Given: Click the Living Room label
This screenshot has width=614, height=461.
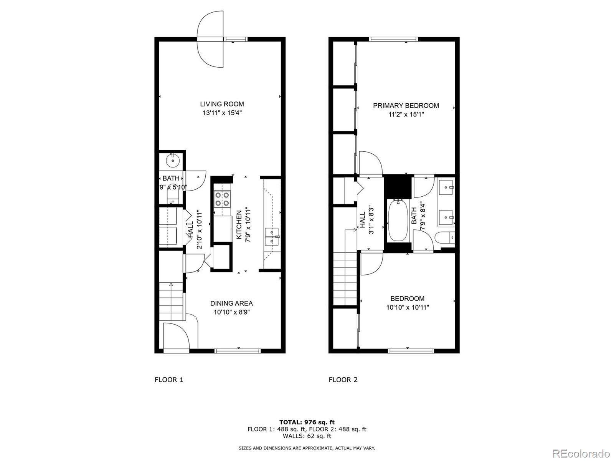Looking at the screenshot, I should tap(222, 104).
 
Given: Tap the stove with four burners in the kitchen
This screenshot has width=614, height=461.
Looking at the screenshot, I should tap(222, 199).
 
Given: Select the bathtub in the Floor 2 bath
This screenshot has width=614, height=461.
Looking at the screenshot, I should tap(398, 220).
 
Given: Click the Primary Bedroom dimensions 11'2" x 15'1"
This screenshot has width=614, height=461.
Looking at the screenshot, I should tap(406, 114).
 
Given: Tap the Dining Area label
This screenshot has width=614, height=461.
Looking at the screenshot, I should tap(231, 303).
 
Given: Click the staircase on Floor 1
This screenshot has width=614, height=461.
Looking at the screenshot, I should tap(171, 302).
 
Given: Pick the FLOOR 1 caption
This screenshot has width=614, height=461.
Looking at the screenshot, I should tap(169, 380).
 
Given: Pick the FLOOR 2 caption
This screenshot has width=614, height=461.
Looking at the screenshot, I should tap(343, 380).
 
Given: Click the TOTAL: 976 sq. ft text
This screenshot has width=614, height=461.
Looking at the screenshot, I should tap(307, 422).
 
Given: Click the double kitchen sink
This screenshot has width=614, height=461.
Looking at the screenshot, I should tap(272, 236).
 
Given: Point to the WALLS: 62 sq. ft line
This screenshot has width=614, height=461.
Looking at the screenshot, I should tap(307, 436).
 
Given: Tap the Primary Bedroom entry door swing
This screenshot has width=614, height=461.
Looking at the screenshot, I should tap(370, 163).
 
